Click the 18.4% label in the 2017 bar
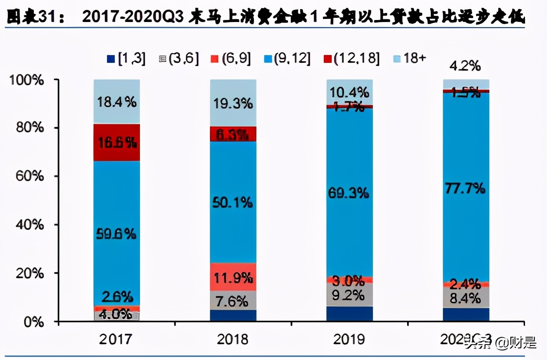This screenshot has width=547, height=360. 117,102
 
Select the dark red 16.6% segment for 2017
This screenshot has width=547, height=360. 117,142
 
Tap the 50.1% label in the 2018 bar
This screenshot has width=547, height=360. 233,203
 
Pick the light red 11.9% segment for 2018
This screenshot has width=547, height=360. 233,277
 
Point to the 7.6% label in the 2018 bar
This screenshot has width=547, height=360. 232,301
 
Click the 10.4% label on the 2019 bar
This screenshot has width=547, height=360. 349,92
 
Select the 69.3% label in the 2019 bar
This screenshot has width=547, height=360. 349,193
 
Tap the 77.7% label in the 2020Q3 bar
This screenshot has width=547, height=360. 465,189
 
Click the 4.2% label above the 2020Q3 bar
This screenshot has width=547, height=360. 465,66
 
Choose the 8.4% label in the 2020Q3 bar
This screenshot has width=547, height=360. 465,298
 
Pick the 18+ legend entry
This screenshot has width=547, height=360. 409,58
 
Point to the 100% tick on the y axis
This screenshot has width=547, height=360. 27,80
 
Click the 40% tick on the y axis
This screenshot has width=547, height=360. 29,224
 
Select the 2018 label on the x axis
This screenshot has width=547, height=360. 233,339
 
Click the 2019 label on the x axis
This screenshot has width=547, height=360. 349,339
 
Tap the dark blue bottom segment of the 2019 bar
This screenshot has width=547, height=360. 349,314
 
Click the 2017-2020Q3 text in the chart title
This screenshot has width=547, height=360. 133,17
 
